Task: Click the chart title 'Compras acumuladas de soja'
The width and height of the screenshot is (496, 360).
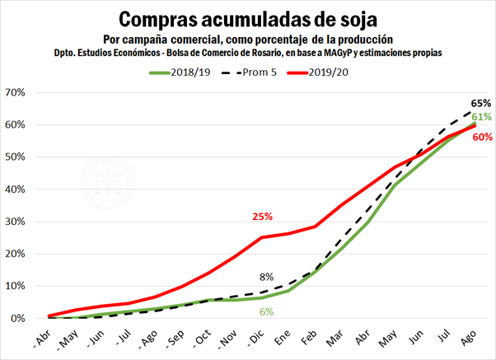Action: (247, 19)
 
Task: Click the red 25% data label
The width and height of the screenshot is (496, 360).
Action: (262, 217)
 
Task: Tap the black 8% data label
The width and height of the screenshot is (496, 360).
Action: (266, 277)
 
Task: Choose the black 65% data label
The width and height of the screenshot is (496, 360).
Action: (481, 103)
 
